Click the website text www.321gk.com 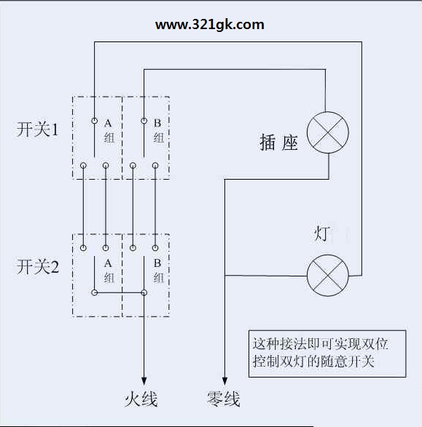click(209, 25)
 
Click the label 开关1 click(38, 129)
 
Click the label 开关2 click(38, 266)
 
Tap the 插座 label click(278, 142)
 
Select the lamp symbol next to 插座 click(328, 132)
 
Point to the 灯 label click(322, 234)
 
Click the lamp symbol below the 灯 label click(328, 275)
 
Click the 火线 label click(141, 399)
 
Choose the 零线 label click(224, 399)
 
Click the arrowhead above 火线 click(144, 381)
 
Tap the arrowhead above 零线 click(224, 381)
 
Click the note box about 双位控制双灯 click(327, 354)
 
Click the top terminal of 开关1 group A click(94, 121)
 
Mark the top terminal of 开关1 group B click(144, 121)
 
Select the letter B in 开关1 click(157, 123)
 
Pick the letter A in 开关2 click(108, 263)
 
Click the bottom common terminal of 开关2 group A click(94, 292)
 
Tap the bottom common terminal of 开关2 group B click(144, 292)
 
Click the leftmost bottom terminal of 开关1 click(84, 165)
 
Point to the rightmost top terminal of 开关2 click(155, 248)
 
